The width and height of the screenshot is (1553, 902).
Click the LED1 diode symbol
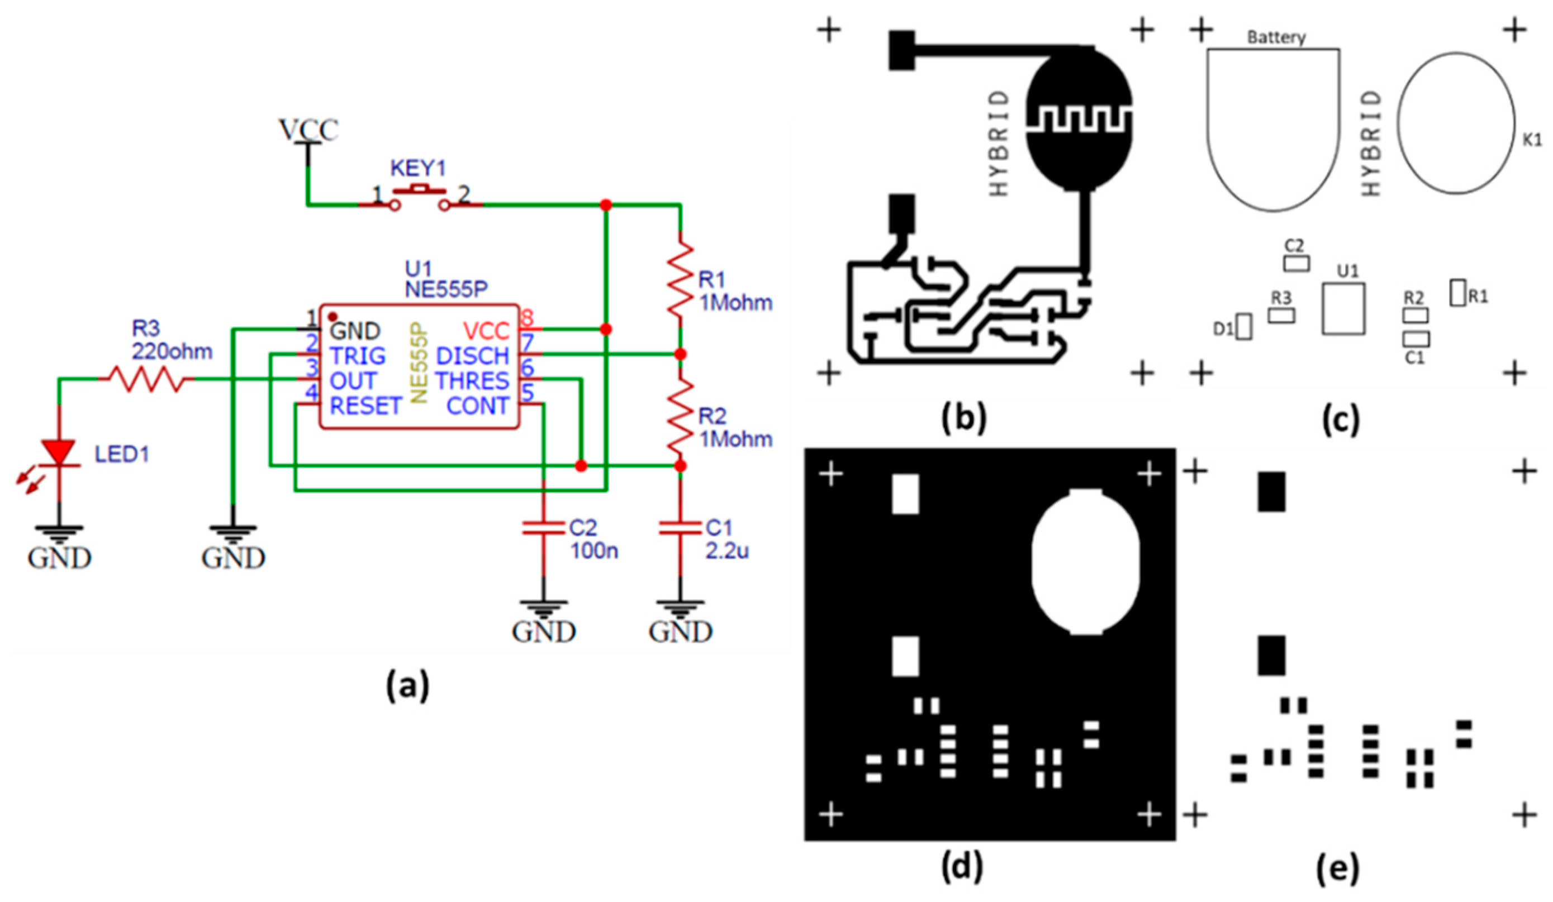pos(59,454)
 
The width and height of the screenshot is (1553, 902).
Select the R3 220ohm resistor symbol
pos(146,379)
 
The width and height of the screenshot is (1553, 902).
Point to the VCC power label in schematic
pos(308,130)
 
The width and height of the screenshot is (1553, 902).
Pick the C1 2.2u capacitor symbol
pos(680,528)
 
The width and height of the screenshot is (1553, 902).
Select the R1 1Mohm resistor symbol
pos(680,275)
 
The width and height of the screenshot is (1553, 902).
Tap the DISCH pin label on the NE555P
pos(472,356)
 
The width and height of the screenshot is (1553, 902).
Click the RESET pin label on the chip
pos(365,406)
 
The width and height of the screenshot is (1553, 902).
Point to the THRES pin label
pos(472,381)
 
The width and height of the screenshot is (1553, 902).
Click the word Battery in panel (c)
pos(1276,37)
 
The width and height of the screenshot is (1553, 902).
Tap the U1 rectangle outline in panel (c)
pos(1343,309)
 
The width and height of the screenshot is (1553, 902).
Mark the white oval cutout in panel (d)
pos(1085,561)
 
